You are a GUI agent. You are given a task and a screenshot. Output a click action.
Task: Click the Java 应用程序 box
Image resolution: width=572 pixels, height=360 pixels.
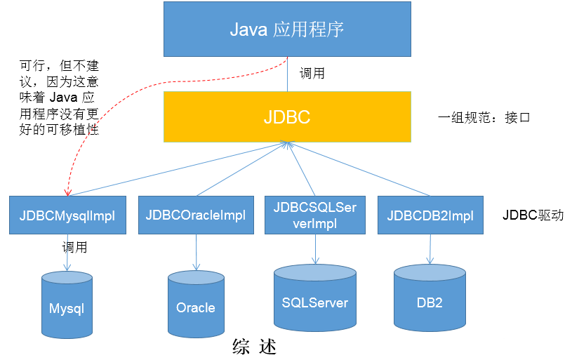287,29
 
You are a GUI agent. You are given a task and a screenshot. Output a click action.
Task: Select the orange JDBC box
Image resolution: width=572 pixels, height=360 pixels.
287,116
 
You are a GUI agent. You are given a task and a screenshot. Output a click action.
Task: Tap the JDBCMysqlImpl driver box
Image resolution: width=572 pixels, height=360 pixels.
67,215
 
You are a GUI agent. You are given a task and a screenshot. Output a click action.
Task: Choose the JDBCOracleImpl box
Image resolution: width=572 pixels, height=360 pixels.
196,215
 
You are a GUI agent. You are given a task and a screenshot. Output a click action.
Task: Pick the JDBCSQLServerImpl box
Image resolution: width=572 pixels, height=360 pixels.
315,215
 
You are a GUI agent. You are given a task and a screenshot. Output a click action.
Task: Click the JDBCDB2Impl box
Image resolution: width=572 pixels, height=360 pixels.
430,215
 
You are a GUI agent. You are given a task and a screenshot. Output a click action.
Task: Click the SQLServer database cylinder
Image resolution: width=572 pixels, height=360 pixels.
315,299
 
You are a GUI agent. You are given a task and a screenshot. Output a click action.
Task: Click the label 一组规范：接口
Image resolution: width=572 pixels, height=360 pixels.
484,117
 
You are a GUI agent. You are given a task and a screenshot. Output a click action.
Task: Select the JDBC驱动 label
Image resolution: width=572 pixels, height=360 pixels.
533,215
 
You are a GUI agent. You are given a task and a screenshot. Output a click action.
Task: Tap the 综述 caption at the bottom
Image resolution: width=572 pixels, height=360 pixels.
254,347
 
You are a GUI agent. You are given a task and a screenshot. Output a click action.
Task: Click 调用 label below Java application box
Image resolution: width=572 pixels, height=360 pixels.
312,73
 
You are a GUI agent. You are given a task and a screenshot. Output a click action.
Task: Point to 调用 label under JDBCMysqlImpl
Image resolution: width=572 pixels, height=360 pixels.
74,247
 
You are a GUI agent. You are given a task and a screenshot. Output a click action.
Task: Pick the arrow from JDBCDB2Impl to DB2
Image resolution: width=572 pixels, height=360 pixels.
430,248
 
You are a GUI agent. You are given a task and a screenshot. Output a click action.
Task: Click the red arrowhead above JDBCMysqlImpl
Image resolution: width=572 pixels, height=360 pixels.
67,191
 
